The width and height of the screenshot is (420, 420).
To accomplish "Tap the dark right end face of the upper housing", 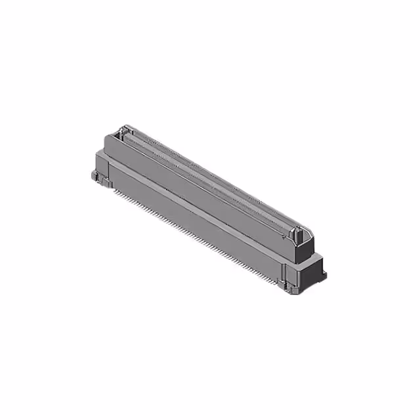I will (306, 248).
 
